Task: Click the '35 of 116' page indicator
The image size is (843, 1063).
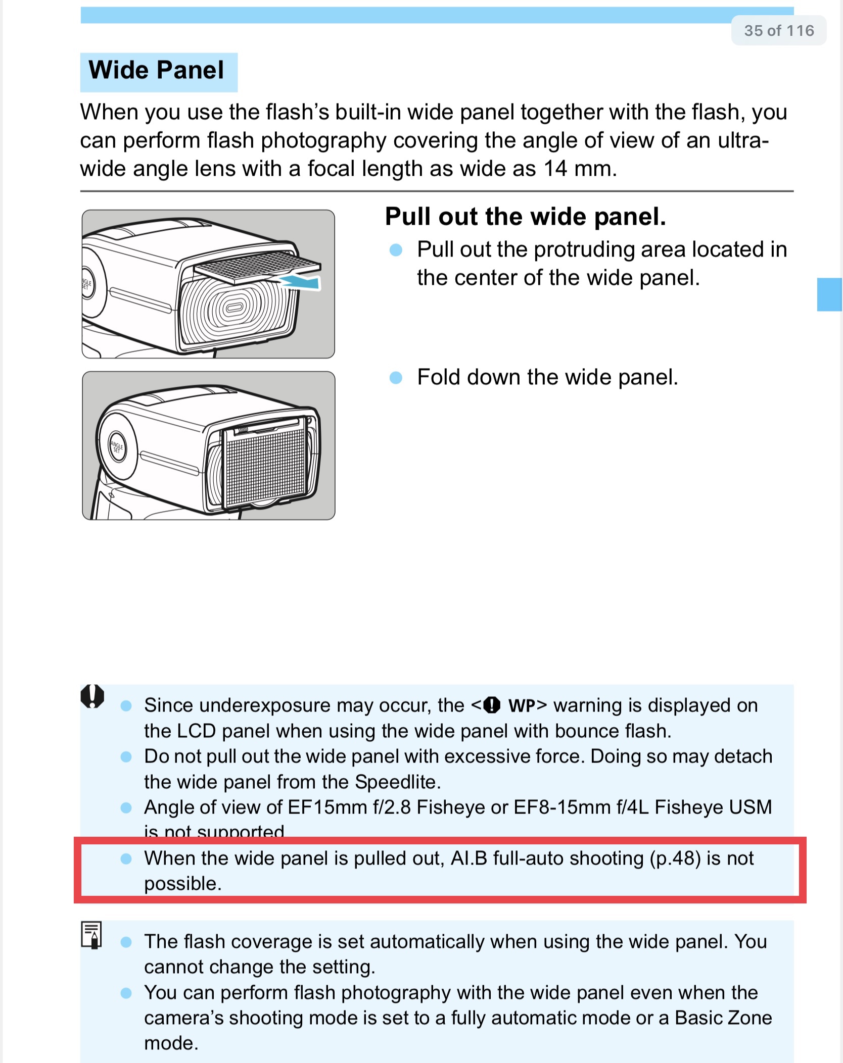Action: [779, 31]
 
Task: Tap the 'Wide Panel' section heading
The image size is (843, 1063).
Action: [156, 70]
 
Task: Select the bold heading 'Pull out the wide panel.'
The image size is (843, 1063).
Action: [526, 216]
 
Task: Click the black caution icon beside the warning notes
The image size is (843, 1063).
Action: [92, 696]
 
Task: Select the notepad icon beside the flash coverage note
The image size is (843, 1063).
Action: [91, 935]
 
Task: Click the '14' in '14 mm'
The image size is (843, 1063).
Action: [555, 169]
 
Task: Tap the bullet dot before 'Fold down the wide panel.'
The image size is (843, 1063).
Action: [396, 378]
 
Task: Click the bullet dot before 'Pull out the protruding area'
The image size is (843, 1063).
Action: [396, 250]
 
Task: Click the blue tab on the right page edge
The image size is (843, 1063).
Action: [829, 294]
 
